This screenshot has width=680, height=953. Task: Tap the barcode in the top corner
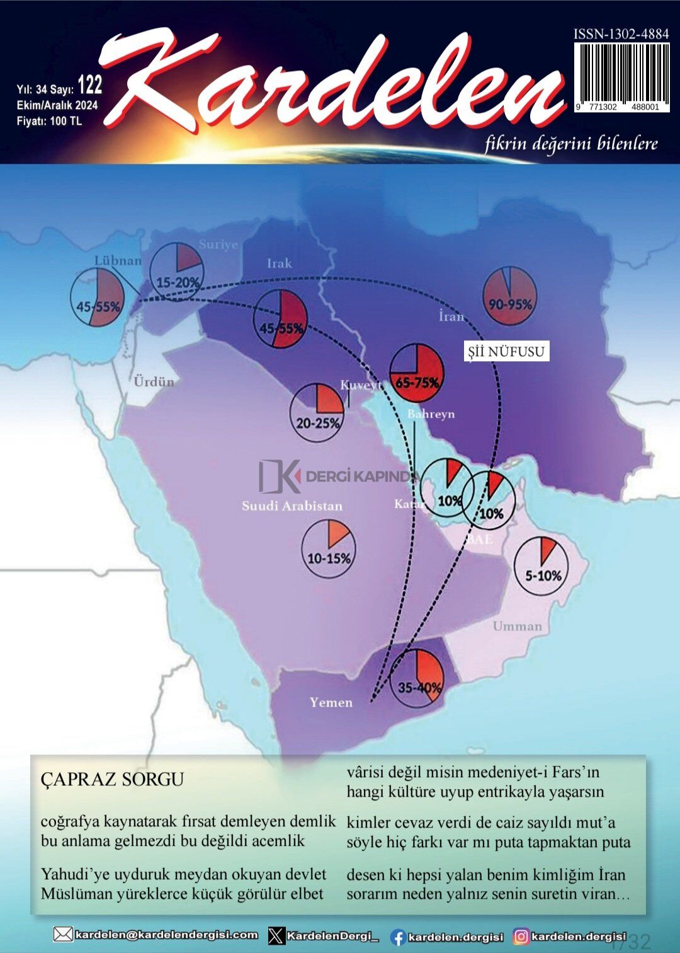point(621,76)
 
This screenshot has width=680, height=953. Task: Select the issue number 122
point(89,85)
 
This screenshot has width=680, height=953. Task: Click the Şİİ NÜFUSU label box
point(506,352)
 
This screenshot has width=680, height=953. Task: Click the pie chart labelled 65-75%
point(417,373)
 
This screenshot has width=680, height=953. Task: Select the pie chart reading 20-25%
point(317,411)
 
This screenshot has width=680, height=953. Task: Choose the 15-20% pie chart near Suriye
point(177,270)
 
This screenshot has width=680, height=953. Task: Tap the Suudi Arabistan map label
point(292,505)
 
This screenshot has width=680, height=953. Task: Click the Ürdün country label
point(154,381)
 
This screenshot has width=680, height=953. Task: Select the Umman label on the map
point(517,626)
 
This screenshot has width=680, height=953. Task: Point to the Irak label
point(279,263)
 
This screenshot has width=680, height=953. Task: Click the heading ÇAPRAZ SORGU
point(112,780)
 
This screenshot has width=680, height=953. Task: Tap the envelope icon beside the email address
point(63,934)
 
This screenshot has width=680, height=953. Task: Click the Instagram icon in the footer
point(521,937)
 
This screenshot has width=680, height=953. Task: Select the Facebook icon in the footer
point(397,937)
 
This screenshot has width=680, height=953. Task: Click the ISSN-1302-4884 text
point(621,34)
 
